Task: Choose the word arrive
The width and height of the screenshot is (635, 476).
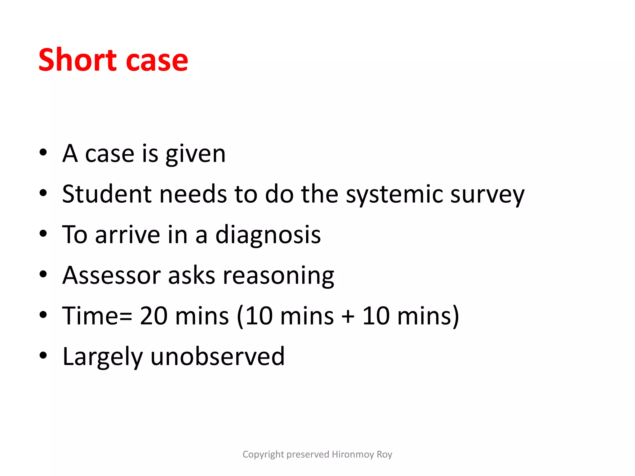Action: [127, 235]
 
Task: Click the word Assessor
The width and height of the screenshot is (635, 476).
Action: [111, 275]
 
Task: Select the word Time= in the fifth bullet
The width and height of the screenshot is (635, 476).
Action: [97, 316]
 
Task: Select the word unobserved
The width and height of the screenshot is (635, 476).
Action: [217, 356]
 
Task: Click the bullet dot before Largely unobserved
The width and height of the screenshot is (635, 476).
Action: [43, 355]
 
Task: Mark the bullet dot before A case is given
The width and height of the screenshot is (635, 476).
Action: [43, 152]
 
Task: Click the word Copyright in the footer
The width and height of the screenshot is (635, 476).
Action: [263, 454]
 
